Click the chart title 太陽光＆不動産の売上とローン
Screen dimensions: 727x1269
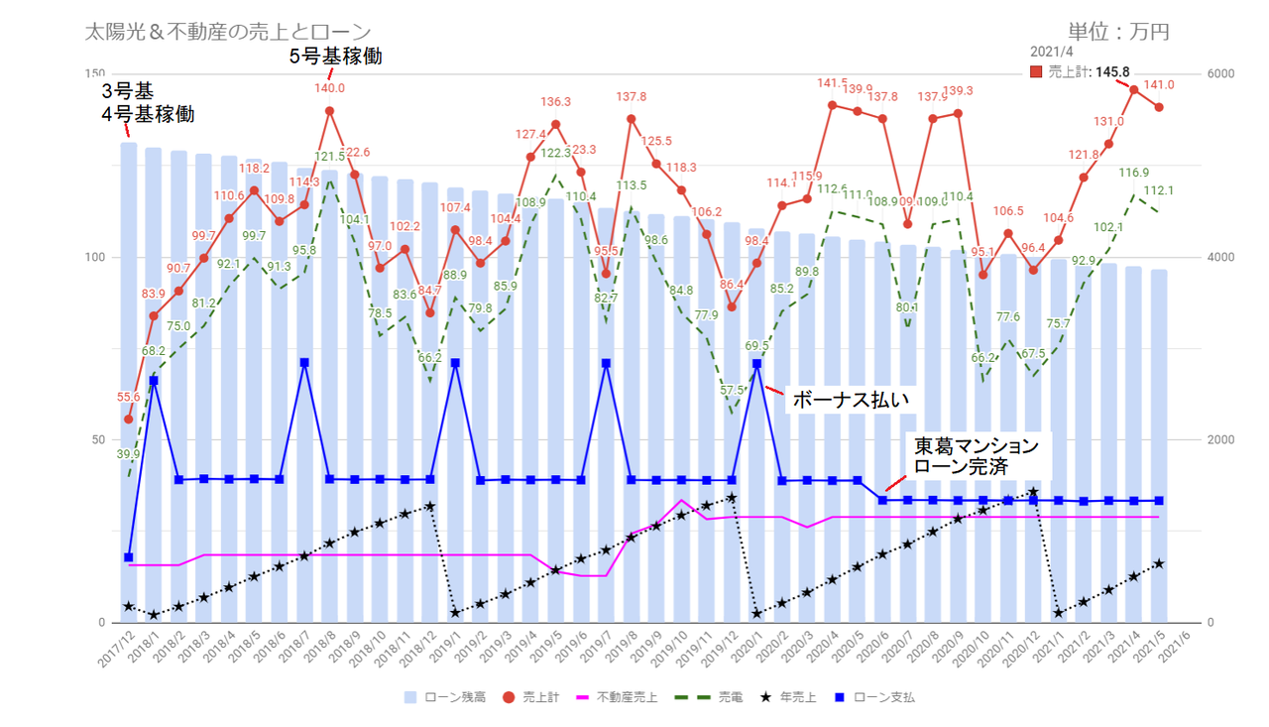click(229, 33)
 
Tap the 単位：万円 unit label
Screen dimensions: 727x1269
click(1118, 32)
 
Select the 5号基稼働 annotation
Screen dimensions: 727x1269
click(335, 57)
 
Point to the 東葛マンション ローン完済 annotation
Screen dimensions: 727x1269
click(976, 454)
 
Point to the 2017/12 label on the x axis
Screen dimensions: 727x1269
click(117, 651)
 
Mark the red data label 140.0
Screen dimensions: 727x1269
click(329, 88)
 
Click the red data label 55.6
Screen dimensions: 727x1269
click(128, 397)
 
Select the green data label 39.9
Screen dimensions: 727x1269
click(129, 454)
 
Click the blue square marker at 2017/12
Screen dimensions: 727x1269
click(129, 557)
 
